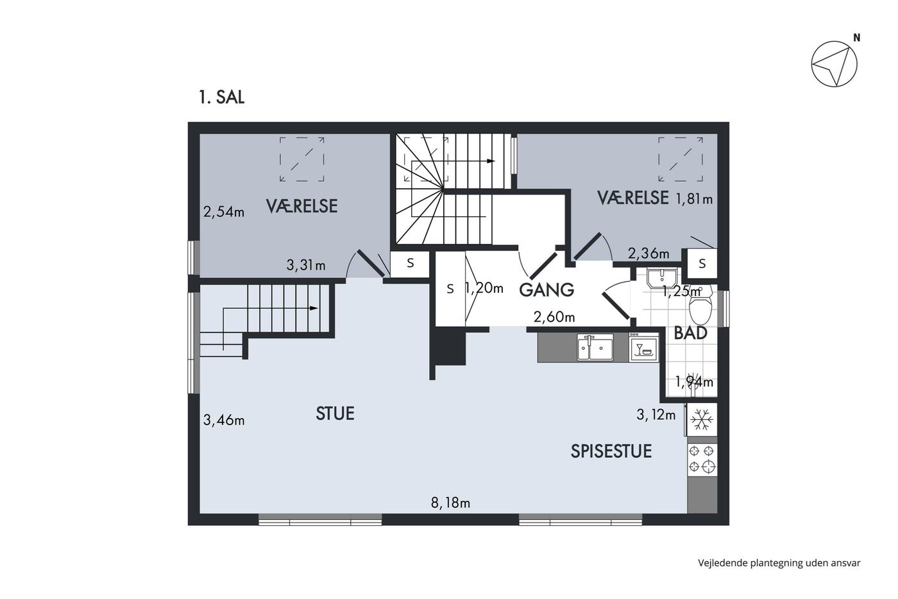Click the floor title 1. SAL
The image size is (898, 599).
click(221, 97)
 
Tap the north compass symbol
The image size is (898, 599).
click(834, 64)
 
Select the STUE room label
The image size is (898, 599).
click(335, 413)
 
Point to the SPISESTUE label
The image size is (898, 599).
click(611, 451)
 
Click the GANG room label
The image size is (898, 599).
click(546, 290)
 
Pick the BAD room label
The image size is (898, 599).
click(690, 333)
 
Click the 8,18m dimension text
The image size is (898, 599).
click(450, 503)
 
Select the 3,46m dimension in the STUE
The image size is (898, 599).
click(224, 420)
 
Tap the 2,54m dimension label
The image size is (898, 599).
click(224, 212)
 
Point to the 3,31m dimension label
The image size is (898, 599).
click(306, 265)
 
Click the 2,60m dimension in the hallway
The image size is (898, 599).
click(554, 317)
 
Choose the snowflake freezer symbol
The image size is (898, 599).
click(702, 419)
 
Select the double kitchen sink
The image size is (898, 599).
click(595, 347)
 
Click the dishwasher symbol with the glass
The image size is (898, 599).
click(643, 347)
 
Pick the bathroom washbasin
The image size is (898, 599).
click(662, 278)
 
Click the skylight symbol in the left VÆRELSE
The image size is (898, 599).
click(302, 159)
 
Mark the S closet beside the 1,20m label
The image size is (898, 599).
click(450, 289)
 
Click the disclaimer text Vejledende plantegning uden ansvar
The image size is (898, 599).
click(779, 563)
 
